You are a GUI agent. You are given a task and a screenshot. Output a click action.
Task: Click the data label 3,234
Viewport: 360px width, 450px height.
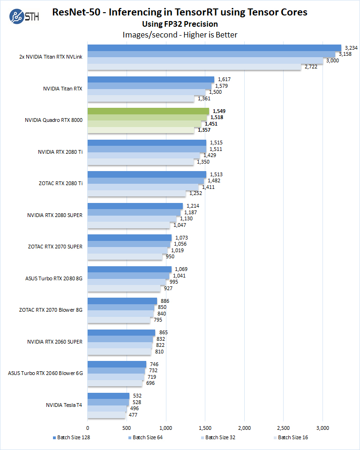pyautogui.click(x=351, y=47)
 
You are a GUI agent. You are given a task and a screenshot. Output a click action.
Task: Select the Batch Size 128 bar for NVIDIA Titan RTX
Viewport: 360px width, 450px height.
pyautogui.click(x=150, y=80)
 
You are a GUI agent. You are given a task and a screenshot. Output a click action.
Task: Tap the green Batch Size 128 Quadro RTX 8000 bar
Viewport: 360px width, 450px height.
pyautogui.click(x=148, y=111)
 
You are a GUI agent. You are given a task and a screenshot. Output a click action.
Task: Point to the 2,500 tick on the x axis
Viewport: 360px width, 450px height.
pyautogui.click(x=284, y=427)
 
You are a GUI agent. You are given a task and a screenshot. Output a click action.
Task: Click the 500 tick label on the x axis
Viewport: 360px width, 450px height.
pyautogui.click(x=127, y=427)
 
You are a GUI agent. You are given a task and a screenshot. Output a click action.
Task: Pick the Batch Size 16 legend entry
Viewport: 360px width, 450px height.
pyautogui.click(x=291, y=438)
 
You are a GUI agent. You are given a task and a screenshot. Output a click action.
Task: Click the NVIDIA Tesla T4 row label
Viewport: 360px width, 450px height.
pyautogui.click(x=64, y=405)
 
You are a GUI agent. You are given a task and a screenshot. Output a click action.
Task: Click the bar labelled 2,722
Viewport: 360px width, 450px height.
pyautogui.click(x=194, y=67)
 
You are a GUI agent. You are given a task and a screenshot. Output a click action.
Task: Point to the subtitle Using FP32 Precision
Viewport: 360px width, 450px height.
pyautogui.click(x=180, y=24)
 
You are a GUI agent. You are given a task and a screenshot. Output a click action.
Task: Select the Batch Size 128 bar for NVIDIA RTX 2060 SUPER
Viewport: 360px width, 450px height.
pyautogui.click(x=121, y=332)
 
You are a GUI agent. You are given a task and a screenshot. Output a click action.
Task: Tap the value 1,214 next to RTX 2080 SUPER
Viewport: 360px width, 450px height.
pyautogui.click(x=193, y=206)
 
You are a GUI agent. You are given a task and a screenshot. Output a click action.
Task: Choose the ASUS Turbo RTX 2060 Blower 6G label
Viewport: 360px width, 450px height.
pyautogui.click(x=45, y=373)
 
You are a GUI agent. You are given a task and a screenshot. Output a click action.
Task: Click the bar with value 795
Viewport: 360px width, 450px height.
pyautogui.click(x=119, y=320)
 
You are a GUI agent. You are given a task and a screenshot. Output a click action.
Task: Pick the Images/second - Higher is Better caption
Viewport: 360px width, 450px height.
pyautogui.click(x=180, y=35)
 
